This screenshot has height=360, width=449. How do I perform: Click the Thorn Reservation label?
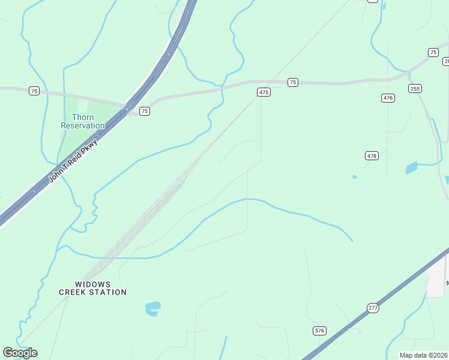click(83, 121)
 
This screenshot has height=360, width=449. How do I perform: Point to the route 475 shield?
click(264, 92)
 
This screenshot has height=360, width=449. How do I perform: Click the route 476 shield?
click(388, 98)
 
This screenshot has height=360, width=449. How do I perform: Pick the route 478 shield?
click(372, 155)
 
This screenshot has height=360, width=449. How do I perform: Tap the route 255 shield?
click(415, 88)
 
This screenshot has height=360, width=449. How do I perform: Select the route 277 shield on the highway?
click(373, 308)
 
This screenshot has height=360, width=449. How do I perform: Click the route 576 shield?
click(319, 331)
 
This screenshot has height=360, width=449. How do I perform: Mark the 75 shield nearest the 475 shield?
click(292, 82)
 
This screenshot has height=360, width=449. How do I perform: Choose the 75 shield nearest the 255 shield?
click(433, 53)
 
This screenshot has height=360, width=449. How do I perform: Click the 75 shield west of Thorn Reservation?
click(34, 91)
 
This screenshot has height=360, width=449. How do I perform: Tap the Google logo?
click(20, 353)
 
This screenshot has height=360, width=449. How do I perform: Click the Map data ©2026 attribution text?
click(423, 355)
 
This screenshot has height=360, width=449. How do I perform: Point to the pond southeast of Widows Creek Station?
click(153, 308)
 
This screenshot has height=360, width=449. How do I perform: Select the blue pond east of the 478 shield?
click(411, 167)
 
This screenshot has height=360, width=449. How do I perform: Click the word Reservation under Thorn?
click(83, 125)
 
